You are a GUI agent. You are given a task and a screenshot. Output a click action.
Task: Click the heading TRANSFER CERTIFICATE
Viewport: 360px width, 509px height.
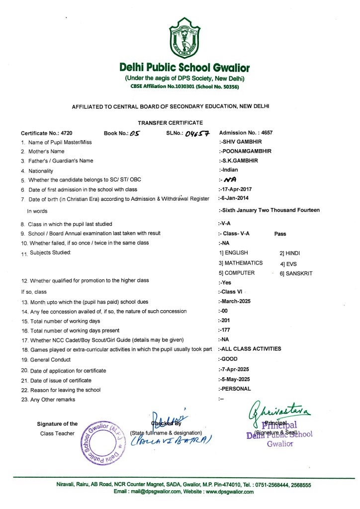pyautogui.click(x=170, y=122)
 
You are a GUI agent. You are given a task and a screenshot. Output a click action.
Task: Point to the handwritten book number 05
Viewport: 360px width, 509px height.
pyautogui.click(x=135, y=133)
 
